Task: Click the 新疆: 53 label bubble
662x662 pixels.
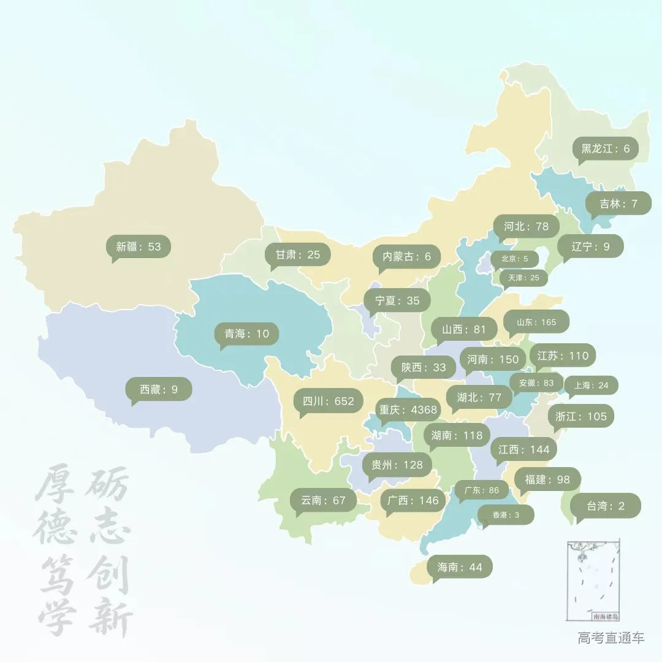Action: pyautogui.click(x=139, y=247)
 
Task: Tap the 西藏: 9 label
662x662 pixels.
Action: pyautogui.click(x=159, y=389)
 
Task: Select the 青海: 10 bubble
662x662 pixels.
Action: pyautogui.click(x=247, y=334)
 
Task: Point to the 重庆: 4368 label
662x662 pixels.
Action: pyautogui.click(x=408, y=409)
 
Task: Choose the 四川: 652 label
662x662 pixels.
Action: pyautogui.click(x=329, y=401)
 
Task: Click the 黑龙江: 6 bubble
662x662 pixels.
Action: pyautogui.click(x=606, y=148)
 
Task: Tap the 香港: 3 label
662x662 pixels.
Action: pyautogui.click(x=506, y=515)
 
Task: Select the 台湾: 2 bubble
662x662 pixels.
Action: pyautogui.click(x=606, y=506)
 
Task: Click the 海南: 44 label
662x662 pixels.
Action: pyautogui.click(x=460, y=567)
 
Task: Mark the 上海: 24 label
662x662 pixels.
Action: pyautogui.click(x=591, y=386)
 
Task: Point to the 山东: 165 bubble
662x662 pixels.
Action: pyautogui.click(x=536, y=322)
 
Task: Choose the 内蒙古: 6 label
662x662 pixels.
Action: pyautogui.click(x=407, y=257)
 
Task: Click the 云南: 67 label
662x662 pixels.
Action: pyautogui.click(x=324, y=500)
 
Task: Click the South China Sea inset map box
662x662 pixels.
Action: pyautogui.click(x=593, y=580)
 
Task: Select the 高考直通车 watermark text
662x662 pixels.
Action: pyautogui.click(x=611, y=638)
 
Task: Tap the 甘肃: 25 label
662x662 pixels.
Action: pyautogui.click(x=298, y=254)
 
